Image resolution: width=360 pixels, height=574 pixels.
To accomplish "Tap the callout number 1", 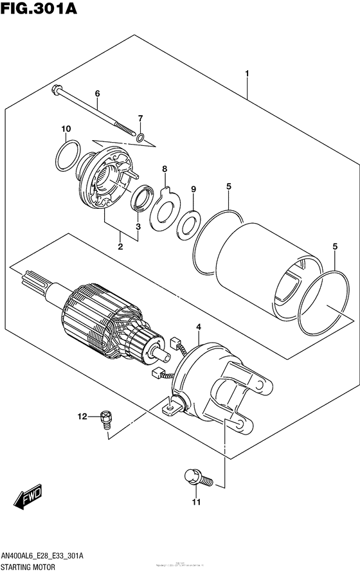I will pos(248,74).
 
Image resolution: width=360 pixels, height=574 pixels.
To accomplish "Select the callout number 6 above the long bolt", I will pos(97,94).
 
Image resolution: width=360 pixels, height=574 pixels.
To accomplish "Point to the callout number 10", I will pos(65,130).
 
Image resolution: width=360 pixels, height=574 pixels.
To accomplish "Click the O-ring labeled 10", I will pos(67,156).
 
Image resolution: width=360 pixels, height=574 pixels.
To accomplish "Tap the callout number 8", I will pos(165,170).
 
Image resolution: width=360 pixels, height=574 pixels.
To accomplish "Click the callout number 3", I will pos(138,226).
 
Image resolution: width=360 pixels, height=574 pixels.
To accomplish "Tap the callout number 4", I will pos(198,328).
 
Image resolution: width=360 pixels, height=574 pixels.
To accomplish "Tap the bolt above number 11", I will pos(195,478).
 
